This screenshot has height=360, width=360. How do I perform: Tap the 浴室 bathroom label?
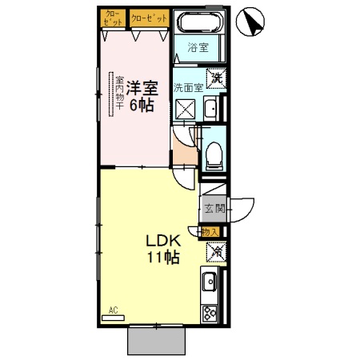pos(198,47)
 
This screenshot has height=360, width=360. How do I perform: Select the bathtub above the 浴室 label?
pos(199,23)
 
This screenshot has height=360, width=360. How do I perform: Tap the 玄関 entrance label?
pos(214,209)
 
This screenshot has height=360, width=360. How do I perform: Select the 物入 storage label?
pos(210,232)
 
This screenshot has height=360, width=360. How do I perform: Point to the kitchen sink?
pos(210,282)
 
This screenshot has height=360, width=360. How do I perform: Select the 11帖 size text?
pos(162,258)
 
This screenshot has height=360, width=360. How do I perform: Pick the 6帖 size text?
pos(144,104)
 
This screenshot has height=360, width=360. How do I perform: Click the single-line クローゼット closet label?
pos(148,15)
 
